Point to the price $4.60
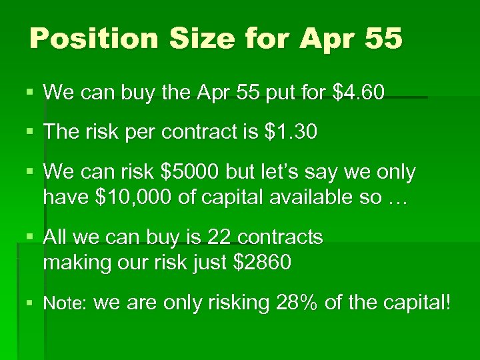tap(357, 92)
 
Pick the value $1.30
tap(291, 132)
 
